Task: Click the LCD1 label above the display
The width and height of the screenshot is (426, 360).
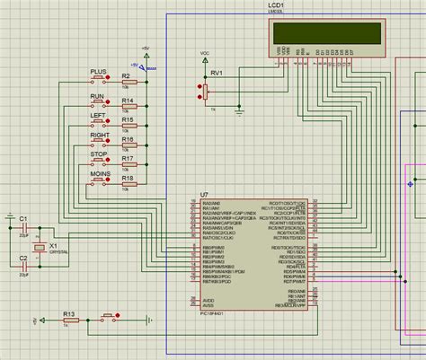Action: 279,5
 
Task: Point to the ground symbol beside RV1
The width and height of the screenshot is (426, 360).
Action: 239,109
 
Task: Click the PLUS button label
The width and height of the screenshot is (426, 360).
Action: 99,71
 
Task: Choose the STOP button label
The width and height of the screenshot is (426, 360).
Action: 99,155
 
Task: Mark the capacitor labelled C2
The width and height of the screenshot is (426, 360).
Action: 10,267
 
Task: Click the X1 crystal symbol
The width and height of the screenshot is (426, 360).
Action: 39,247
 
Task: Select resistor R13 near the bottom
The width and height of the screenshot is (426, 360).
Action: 69,318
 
